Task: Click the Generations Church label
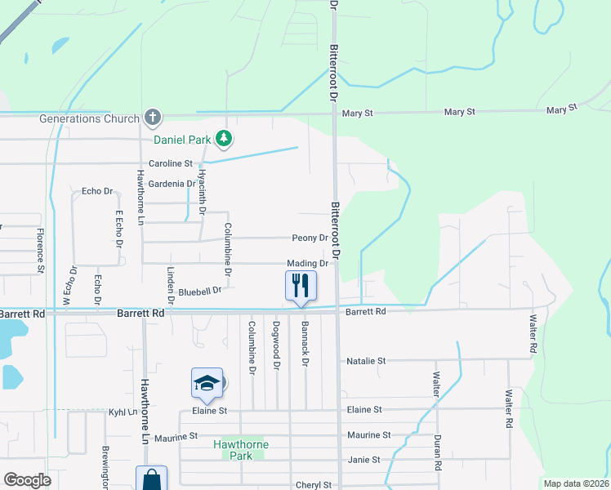pyautogui.click(x=90, y=118)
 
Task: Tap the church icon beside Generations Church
pyautogui.click(x=152, y=118)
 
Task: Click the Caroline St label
pyautogui.click(x=170, y=163)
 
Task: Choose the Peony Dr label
pyautogui.click(x=310, y=238)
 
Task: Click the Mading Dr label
pyautogui.click(x=307, y=264)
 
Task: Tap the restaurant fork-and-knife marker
pyautogui.click(x=300, y=286)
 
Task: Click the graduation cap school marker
pyautogui.click(x=207, y=383)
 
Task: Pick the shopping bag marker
pyautogui.click(x=151, y=479)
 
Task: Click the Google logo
pyautogui.click(x=27, y=480)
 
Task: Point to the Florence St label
pyautogui.click(x=39, y=251)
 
